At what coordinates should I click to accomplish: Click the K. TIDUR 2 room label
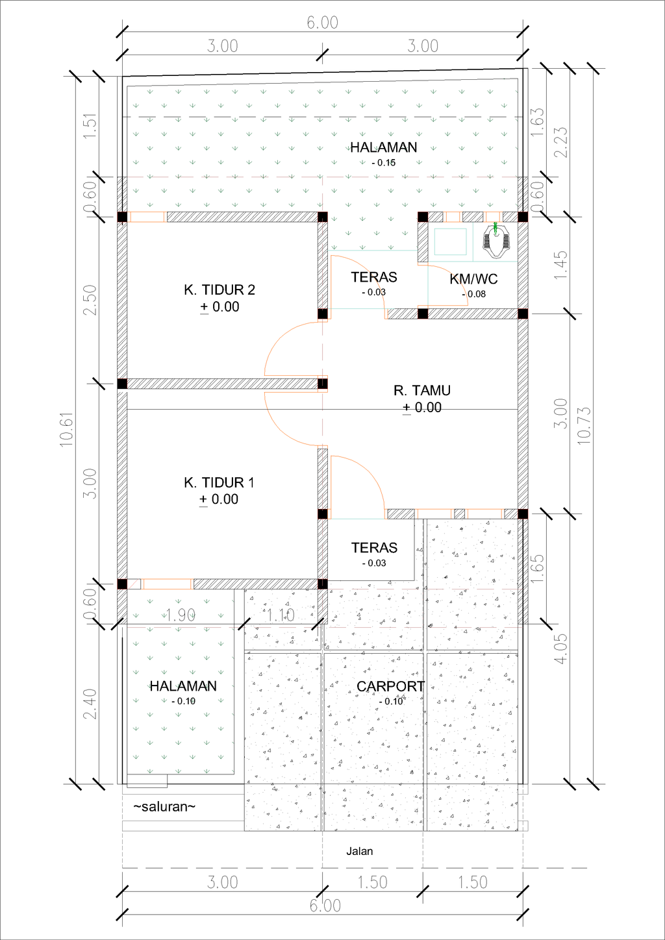pyautogui.click(x=219, y=290)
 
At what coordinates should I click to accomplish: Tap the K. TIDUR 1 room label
pyautogui.click(x=219, y=483)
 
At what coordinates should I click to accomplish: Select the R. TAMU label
pyautogui.click(x=421, y=391)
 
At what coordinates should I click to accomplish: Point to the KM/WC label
pyautogui.click(x=473, y=279)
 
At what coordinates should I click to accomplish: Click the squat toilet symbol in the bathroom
pyautogui.click(x=497, y=240)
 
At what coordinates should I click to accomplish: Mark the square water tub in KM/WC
pyautogui.click(x=450, y=241)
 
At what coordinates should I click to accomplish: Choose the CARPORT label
pyautogui.click(x=390, y=687)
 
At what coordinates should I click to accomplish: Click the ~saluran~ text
pyautogui.click(x=164, y=807)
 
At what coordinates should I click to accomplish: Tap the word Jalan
pyautogui.click(x=359, y=852)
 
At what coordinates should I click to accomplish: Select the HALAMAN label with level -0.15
pyautogui.click(x=383, y=148)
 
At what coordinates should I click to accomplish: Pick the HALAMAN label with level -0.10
pyautogui.click(x=183, y=687)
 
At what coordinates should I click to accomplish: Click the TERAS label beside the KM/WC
pyautogui.click(x=374, y=278)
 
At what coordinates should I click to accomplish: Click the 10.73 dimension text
pyautogui.click(x=584, y=425)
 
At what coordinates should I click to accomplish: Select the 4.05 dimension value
pyautogui.click(x=560, y=648)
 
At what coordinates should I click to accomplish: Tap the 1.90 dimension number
pyautogui.click(x=181, y=615)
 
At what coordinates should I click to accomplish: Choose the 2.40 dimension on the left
pyautogui.click(x=90, y=704)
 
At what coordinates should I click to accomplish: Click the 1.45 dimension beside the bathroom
pyautogui.click(x=560, y=265)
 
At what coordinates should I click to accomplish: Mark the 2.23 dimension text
pyautogui.click(x=560, y=142)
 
